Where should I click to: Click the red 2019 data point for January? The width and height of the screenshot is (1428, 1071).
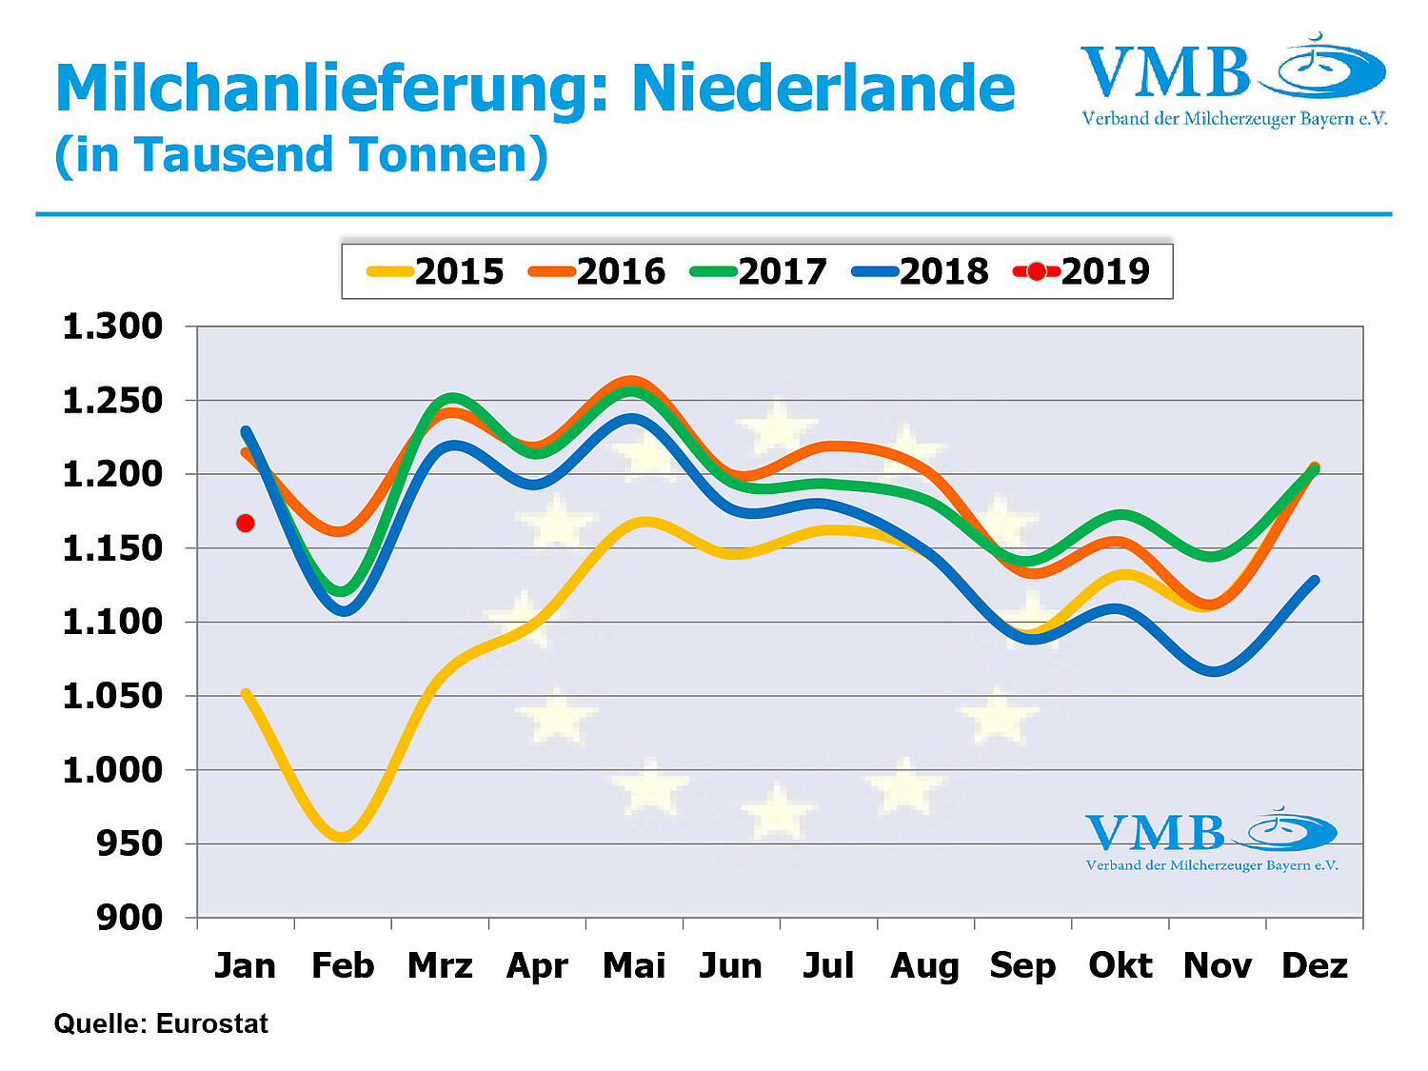246,523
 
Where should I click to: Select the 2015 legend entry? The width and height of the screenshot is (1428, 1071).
436,271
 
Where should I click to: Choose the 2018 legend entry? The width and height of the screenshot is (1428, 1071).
922,271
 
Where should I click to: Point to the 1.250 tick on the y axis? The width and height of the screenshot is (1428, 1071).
112,401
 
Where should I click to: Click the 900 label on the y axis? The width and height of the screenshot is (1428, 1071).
129,918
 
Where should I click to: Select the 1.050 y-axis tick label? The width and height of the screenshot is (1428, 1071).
112,696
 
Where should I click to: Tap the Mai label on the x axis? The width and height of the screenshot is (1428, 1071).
634,965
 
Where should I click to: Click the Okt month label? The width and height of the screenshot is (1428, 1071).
1121,965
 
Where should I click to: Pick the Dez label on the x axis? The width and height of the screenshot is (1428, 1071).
1315,965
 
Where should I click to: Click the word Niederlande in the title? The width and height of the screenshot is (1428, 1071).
823,89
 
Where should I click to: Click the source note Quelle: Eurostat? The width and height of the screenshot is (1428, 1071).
161,1023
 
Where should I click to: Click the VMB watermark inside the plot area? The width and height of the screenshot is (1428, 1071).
1211,840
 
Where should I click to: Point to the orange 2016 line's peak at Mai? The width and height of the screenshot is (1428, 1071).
632,381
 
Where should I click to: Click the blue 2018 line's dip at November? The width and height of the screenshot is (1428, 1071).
1215,671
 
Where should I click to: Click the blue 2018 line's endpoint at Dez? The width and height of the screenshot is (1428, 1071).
1315,580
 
